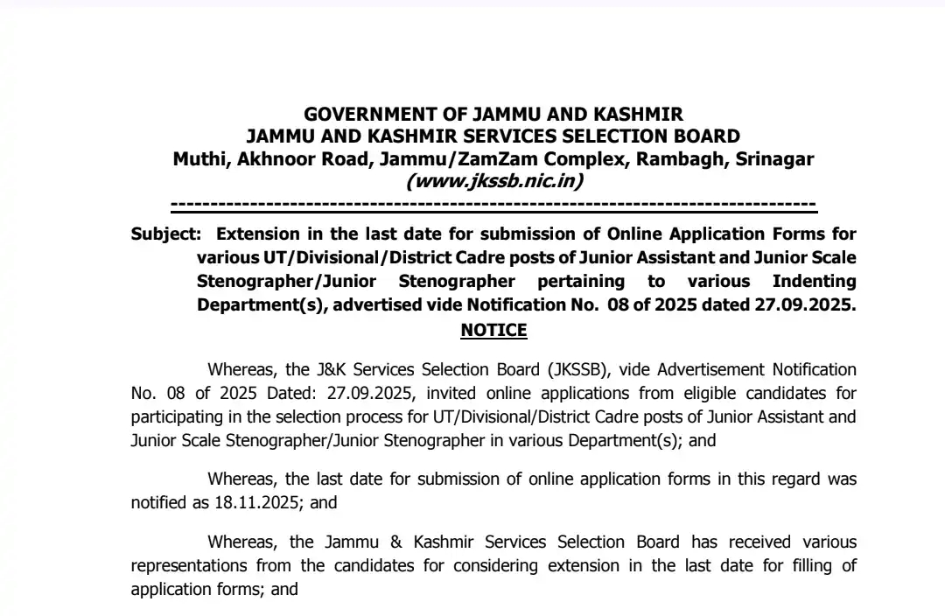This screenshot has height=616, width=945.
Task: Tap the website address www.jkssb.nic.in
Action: coord(494,181)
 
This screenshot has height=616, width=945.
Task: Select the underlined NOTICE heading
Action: coord(493,330)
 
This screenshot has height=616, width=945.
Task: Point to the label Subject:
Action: coord(165,234)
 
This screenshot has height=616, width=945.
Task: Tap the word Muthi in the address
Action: coord(198,159)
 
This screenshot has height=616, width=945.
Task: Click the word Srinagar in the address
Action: coord(774,159)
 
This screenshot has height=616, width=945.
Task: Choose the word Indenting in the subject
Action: coord(814,281)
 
